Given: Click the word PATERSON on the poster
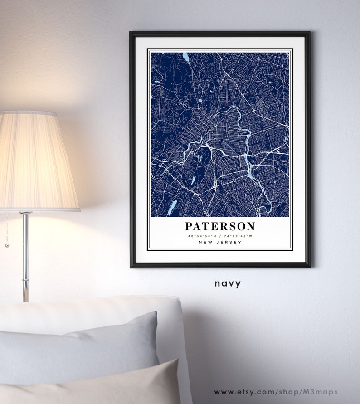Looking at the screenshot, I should coord(220,226).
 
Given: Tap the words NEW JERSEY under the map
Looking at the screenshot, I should coord(220,243).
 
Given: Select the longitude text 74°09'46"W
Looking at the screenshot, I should coord(238,236).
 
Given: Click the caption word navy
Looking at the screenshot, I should coord(228,284).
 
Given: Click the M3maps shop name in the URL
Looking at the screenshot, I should coord(323,392).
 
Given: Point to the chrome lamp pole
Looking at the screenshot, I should coord(26,254).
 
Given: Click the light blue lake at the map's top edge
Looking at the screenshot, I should coord(185,57).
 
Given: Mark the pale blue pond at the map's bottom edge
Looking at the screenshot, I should coord(267,208).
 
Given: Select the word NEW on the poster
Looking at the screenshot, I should coord(204,243).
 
